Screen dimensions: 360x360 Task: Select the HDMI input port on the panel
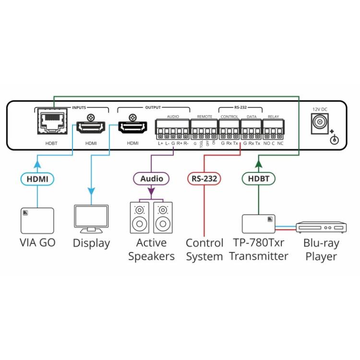tap(90, 129)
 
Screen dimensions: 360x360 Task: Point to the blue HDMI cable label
tap(37, 179)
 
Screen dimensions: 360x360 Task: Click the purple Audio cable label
tap(151, 179)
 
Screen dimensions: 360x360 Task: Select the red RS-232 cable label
tap(204, 179)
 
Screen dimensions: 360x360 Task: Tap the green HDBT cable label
tap(258, 179)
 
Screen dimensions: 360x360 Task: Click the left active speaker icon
tap(140, 218)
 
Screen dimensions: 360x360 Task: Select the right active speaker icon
tap(163, 218)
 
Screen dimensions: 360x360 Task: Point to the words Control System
tap(204, 250)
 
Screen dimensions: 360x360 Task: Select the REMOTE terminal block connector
tap(204, 128)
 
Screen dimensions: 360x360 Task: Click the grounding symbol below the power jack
tap(335, 140)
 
